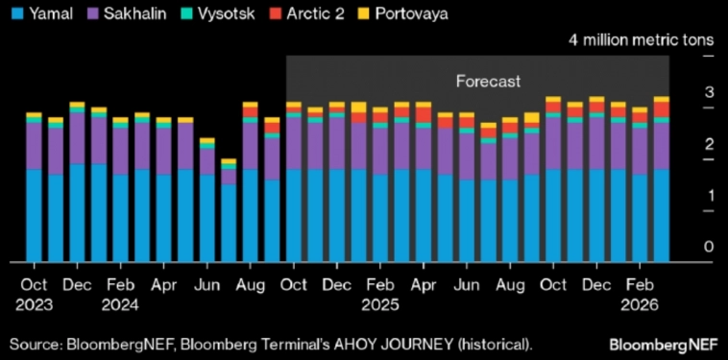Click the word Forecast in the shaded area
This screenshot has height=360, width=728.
coord(489,82)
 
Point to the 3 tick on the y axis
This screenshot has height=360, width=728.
coord(709,93)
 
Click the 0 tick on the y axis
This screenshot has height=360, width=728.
coord(709,247)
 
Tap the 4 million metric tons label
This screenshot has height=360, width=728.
coord(641,40)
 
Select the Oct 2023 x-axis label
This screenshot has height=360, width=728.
coord(34,295)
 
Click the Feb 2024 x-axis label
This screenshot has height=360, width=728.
coord(120,295)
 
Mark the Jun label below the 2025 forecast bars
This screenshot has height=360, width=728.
coord(467,285)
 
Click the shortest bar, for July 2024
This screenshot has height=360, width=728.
coord(229,211)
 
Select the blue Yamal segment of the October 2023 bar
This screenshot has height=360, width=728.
coord(34,216)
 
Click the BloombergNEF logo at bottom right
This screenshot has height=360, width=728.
coord(663,343)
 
